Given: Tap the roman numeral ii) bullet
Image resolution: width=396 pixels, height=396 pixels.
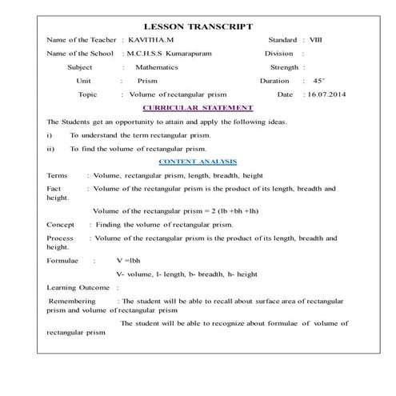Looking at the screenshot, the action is (50, 149).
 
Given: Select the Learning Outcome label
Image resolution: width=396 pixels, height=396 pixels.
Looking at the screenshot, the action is (78, 286).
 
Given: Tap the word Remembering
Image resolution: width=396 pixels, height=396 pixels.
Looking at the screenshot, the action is (73, 301).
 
